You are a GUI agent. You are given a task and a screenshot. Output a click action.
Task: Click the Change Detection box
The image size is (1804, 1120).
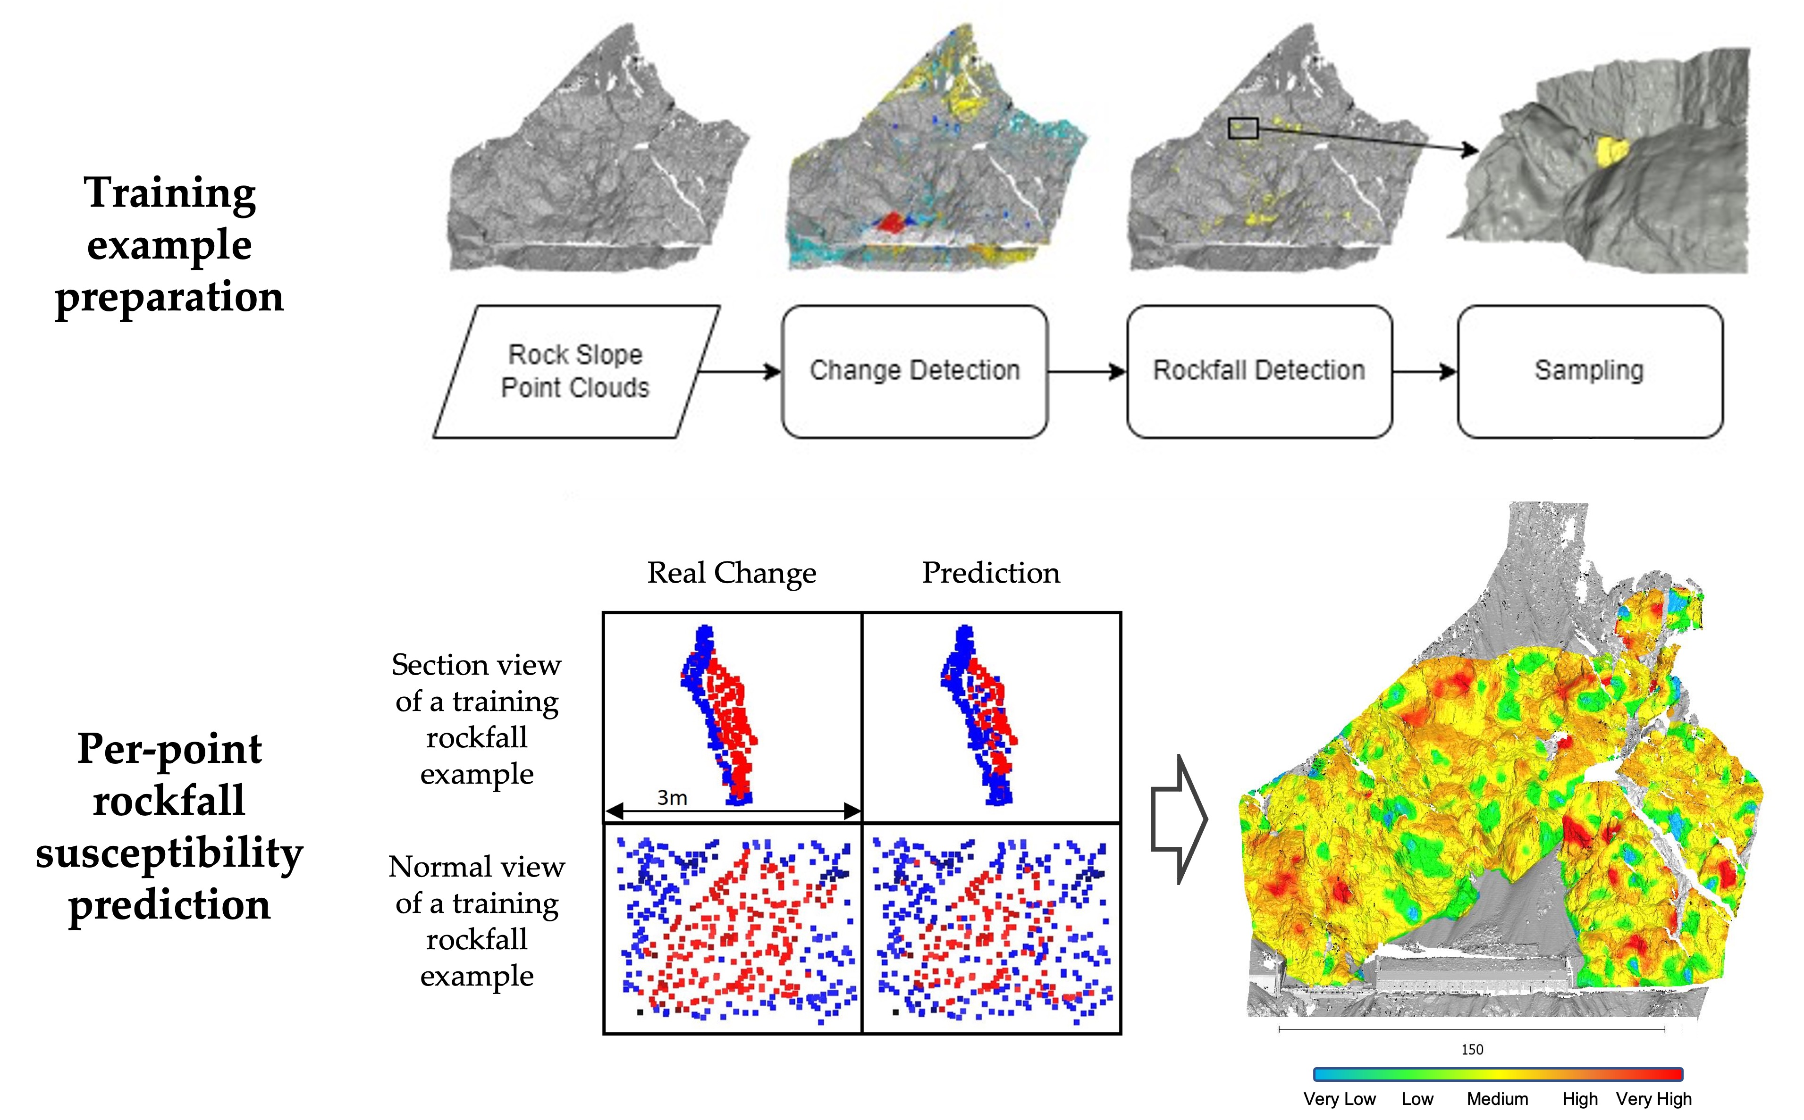click(x=914, y=370)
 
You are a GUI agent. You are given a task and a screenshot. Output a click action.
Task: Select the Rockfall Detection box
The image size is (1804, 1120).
click(x=1259, y=370)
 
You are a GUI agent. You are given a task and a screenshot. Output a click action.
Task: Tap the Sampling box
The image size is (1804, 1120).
click(x=1589, y=370)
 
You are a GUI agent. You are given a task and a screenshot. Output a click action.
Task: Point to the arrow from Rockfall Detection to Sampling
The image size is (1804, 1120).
click(x=1424, y=371)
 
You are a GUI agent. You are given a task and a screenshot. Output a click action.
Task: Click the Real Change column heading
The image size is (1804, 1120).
click(x=731, y=573)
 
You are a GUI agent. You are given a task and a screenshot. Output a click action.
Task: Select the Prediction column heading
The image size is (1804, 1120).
click(x=991, y=573)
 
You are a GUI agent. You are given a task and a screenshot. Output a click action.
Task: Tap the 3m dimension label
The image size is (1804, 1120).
click(x=672, y=798)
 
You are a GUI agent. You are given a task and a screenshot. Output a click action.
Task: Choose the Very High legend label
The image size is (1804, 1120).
click(x=1653, y=1098)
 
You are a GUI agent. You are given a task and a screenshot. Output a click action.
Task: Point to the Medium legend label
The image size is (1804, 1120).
click(x=1497, y=1098)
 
